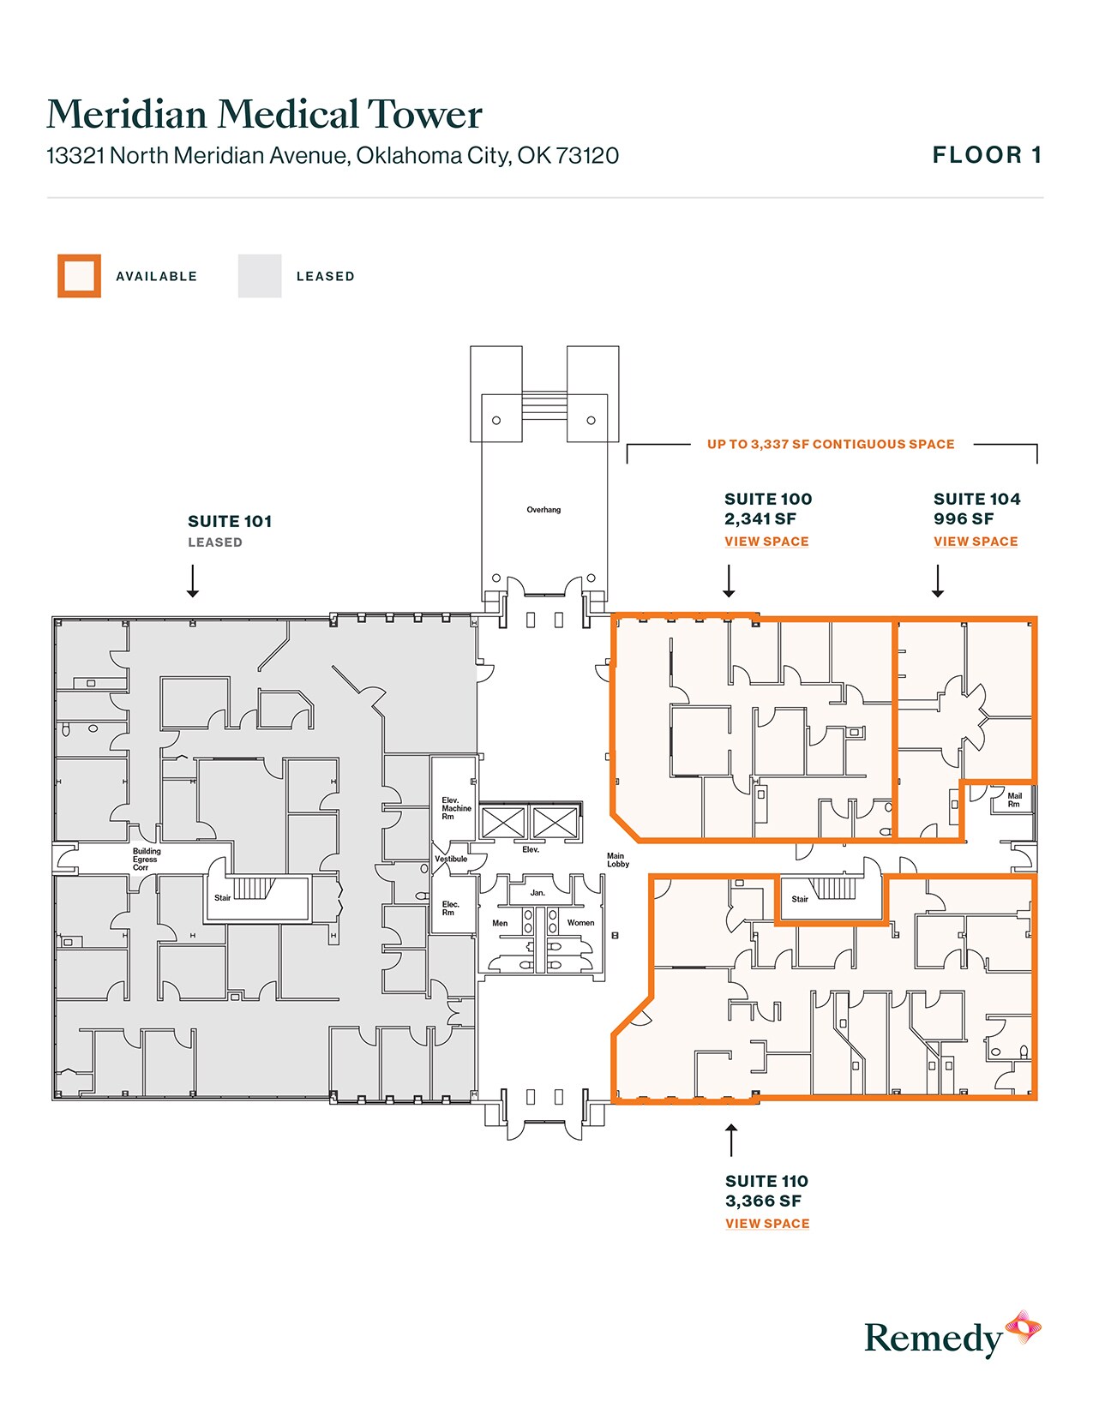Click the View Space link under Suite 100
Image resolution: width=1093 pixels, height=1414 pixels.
click(766, 542)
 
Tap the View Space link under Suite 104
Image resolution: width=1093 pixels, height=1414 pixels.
click(976, 542)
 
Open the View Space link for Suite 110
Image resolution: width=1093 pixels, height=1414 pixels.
click(767, 1224)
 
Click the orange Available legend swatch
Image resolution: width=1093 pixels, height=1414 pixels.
click(79, 276)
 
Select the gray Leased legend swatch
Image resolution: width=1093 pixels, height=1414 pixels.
click(260, 276)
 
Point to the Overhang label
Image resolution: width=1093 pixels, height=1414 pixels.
click(543, 510)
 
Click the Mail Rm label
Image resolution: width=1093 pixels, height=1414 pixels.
click(1014, 800)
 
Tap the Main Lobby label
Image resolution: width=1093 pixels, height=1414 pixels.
click(617, 860)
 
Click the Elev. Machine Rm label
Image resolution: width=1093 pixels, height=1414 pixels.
click(455, 808)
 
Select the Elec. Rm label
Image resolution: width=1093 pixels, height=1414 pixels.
click(450, 908)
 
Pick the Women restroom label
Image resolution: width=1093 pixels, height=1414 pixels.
click(580, 923)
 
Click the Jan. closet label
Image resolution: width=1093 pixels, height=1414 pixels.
click(537, 893)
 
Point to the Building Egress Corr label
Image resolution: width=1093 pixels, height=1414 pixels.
click(146, 860)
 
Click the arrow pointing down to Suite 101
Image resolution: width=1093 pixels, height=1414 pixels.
click(193, 581)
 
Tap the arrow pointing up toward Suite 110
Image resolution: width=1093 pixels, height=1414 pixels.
click(731, 1141)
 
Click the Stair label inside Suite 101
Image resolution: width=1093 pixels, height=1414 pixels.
click(222, 898)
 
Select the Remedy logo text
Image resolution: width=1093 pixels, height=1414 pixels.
click(933, 1339)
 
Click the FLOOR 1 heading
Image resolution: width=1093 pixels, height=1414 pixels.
click(987, 155)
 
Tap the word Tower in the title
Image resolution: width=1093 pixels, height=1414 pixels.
click(424, 115)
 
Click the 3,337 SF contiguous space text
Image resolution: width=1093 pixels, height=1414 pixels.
click(830, 445)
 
